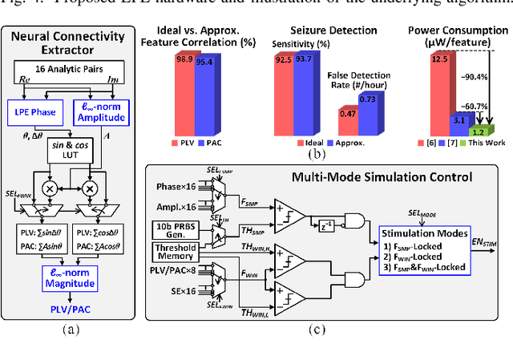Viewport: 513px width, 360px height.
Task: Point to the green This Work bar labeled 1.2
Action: point(479,130)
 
